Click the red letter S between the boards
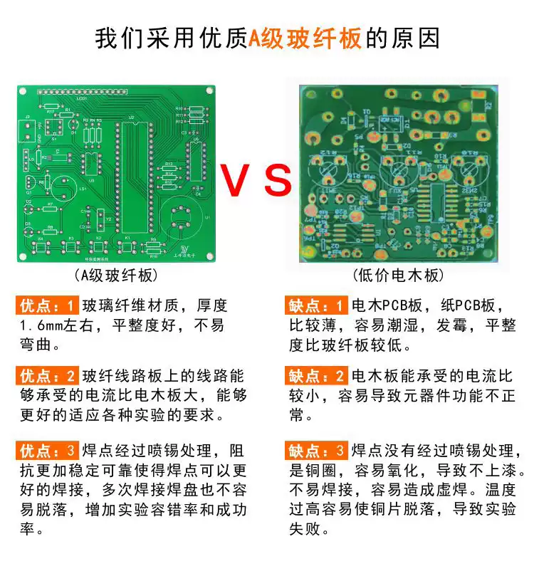pyautogui.click(x=278, y=181)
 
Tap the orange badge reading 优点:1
pyautogui.click(x=46, y=306)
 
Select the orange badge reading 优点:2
pyautogui.click(x=46, y=376)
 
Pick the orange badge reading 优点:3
pyautogui.click(x=46, y=451)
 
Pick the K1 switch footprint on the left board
pyautogui.click(x=127, y=247)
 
